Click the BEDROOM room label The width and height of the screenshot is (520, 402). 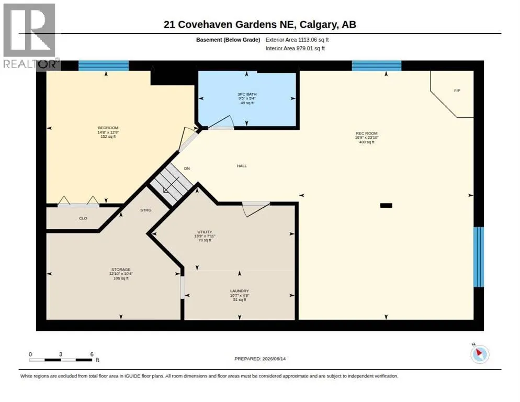coord(108,128)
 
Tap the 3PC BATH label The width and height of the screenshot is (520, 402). coord(247,94)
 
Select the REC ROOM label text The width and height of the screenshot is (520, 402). coord(366,133)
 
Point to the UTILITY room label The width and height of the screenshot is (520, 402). coord(205,232)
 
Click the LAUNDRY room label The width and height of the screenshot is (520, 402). coord(240,291)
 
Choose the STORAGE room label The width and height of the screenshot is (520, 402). coord(121,270)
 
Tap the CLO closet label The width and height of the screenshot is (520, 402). coord(83,218)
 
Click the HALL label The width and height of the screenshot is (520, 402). coord(242,166)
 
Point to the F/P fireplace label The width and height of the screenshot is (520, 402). coord(457,91)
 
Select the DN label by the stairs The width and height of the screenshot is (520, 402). coord(187,169)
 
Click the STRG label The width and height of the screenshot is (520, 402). coord(145,210)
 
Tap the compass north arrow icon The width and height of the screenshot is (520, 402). coord(480,354)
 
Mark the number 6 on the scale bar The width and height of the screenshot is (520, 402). coord(92,354)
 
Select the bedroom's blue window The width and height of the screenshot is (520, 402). coord(104,66)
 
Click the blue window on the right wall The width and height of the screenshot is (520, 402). coord(479,257)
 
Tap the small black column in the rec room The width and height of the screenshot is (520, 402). coord(386,206)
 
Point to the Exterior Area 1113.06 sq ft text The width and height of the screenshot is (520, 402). coord(297,40)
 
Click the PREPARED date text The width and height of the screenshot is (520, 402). coord(260,359)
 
